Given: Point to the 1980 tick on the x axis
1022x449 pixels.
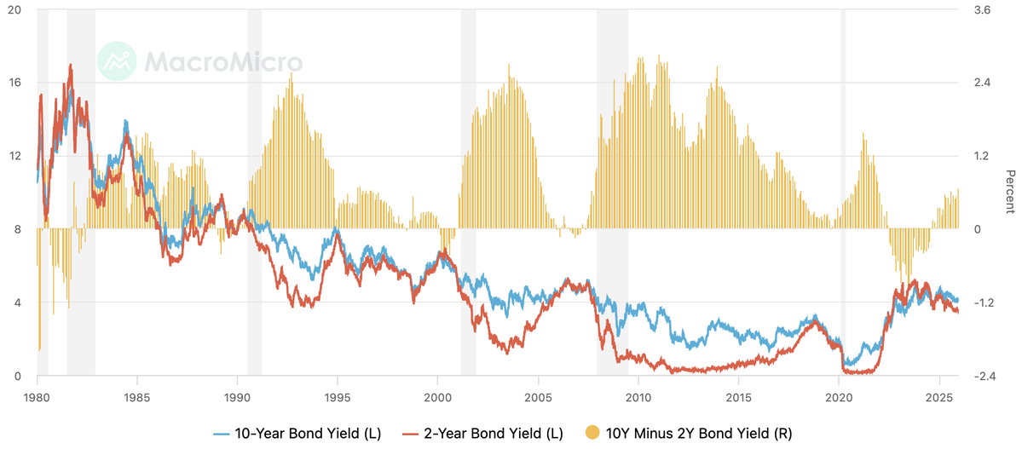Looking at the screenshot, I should tap(37, 397).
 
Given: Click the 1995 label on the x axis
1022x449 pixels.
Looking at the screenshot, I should tap(337, 397).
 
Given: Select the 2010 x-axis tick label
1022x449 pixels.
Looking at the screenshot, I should tap(638, 397).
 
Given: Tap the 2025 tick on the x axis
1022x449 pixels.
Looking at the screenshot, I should tap(939, 397).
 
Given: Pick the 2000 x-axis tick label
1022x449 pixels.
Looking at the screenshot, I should tap(437, 397).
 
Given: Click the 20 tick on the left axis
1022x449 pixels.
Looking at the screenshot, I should tap(14, 9).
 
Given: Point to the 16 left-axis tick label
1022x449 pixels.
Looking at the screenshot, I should tap(14, 83).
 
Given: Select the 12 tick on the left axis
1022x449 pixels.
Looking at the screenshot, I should tap(14, 156).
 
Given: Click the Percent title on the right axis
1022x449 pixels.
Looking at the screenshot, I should tap(1010, 193).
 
